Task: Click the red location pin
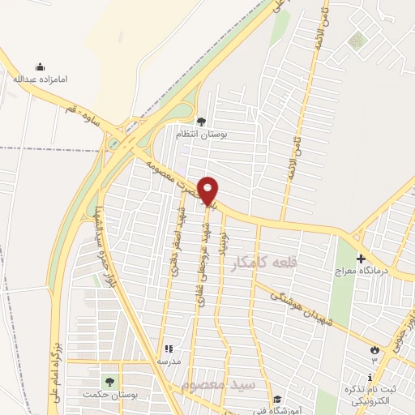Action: click(x=208, y=190)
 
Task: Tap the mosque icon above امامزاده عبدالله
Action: click(x=40, y=66)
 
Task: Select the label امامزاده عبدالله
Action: click(x=40, y=79)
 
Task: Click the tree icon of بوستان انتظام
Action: click(x=200, y=121)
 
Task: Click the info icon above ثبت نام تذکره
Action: click(x=370, y=377)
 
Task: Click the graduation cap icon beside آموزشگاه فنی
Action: click(x=277, y=399)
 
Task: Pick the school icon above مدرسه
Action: click(x=166, y=349)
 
